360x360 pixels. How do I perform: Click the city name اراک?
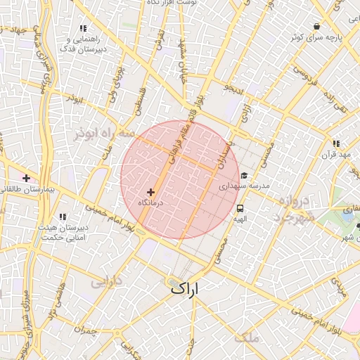coord(184,288)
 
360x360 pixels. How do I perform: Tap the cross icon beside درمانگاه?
coord(150,192)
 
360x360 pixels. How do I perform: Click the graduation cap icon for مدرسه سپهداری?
coord(244,176)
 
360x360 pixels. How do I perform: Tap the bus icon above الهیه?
coord(240,209)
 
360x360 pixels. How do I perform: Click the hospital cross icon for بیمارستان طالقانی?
coord(26,179)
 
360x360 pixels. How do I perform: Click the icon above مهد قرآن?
coord(335,143)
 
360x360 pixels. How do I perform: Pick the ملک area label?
coord(248,338)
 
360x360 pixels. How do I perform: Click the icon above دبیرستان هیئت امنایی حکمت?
coord(63,217)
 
